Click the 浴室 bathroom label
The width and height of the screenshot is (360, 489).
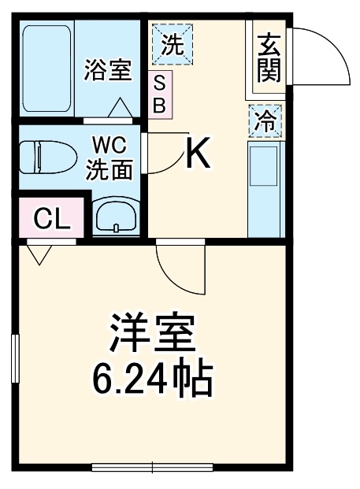(108, 69)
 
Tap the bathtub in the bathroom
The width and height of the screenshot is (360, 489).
(46, 69)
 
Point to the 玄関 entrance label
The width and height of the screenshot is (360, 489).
(268, 57)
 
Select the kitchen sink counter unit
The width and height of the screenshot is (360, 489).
(265, 189)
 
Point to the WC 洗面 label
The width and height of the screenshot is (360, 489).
(109, 158)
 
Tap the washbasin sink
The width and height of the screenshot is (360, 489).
(116, 217)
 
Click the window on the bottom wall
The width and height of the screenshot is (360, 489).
(152, 467)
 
